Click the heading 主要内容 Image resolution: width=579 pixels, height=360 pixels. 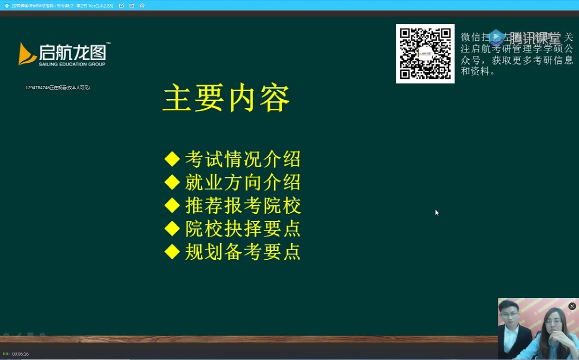[226, 99]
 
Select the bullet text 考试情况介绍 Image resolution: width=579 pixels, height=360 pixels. [243, 159]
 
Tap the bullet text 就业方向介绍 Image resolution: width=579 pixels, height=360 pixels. [243, 182]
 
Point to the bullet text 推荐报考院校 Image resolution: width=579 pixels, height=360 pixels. [243, 205]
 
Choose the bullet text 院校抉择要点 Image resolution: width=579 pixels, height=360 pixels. [243, 228]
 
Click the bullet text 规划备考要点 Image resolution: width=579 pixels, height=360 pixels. [243, 251]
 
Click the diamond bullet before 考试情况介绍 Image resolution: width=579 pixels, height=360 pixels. [172, 159]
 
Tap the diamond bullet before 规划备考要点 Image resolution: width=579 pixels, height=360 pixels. [172, 251]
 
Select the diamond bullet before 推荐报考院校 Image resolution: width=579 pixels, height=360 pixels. [172, 205]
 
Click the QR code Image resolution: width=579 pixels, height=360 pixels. [425, 53]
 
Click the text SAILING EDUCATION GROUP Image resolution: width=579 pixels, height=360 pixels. [72, 64]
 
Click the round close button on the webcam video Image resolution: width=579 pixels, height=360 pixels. [572, 306]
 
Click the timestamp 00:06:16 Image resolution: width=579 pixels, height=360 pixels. [20, 354]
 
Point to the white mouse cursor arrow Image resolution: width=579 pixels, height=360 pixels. [436, 212]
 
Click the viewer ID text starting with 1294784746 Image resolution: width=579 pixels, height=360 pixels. [57, 87]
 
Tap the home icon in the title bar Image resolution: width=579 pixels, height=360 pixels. [142, 5]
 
